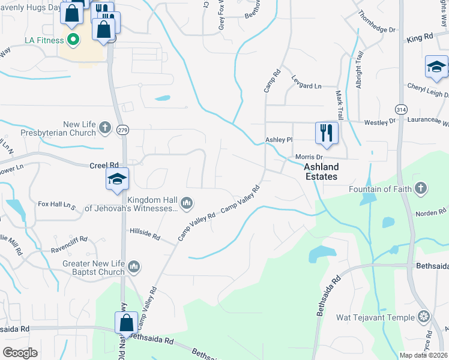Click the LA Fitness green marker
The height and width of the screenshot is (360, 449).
[x=73, y=40]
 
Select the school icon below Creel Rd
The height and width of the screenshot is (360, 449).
[x=117, y=179]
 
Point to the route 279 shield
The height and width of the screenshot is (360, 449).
[x=123, y=130]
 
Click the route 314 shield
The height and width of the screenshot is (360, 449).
[x=400, y=109]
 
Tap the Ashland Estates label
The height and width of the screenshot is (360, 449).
[x=321, y=172]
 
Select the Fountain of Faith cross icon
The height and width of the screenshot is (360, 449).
[x=421, y=188]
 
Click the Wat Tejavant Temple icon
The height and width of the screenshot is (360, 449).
[x=424, y=316]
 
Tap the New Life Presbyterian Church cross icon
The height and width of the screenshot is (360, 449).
[x=105, y=127]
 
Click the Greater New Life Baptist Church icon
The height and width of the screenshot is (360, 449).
[x=133, y=265]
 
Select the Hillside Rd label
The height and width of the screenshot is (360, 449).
[x=144, y=234]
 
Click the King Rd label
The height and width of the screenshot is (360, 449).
[x=420, y=38]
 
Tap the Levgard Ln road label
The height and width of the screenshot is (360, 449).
[x=306, y=86]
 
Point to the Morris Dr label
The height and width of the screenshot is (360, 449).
[x=309, y=157]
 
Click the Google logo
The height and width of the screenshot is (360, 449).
[x=20, y=353]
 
